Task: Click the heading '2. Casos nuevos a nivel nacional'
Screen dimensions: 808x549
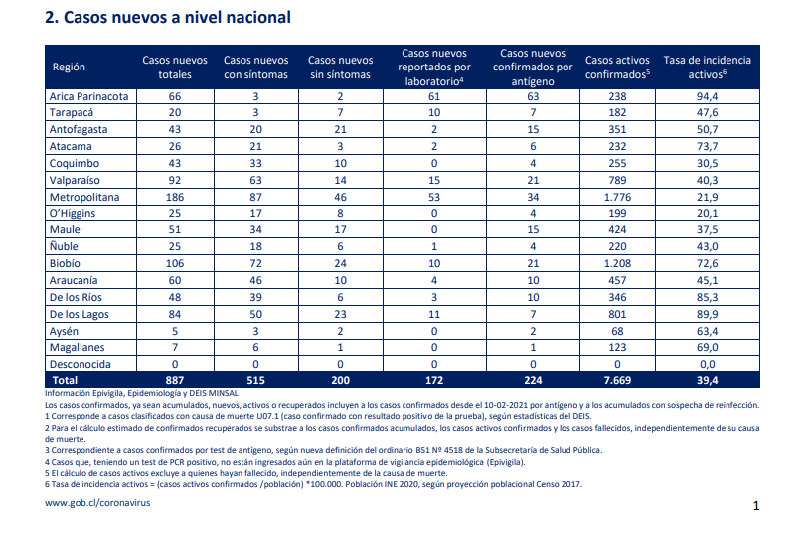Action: tap(168, 18)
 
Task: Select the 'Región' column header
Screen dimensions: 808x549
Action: tap(69, 67)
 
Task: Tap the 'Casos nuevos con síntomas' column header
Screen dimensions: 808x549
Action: tap(255, 68)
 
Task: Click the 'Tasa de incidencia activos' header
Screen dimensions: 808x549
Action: tap(707, 68)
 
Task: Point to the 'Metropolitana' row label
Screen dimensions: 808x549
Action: tap(84, 197)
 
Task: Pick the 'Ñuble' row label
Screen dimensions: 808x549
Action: tap(64, 246)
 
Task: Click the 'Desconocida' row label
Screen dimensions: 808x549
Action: tap(80, 364)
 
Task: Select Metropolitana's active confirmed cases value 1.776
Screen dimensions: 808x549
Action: tap(617, 197)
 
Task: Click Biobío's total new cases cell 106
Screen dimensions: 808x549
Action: tap(175, 263)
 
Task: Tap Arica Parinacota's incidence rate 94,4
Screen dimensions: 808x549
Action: tap(707, 96)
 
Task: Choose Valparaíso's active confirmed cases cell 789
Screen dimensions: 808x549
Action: tap(617, 180)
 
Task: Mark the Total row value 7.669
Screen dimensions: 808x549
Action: tap(617, 381)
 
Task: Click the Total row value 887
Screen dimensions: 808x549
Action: tap(175, 381)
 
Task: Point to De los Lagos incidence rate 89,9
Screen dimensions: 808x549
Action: tap(707, 314)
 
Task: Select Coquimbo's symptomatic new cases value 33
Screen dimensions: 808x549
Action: tap(255, 163)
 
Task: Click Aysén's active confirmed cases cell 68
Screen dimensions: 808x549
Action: tap(617, 331)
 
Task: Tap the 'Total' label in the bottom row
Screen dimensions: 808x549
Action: tap(65, 381)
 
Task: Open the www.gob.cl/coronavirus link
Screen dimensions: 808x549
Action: tap(97, 503)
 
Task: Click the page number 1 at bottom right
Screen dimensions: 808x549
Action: tap(756, 506)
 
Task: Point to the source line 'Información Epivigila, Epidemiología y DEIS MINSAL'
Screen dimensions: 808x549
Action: tap(142, 393)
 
